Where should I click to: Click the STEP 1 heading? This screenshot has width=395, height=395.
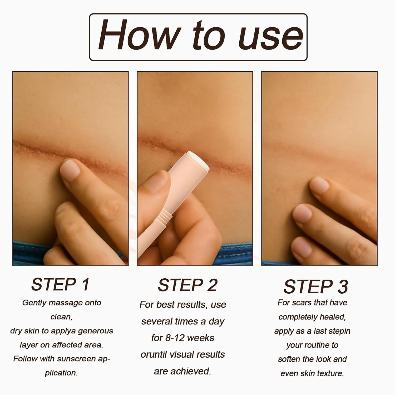point(61,284)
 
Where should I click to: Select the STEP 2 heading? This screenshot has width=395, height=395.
point(187,285)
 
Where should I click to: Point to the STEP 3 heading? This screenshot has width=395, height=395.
point(315,287)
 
